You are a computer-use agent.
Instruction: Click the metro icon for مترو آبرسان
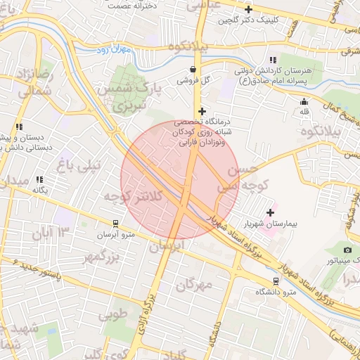(x=116, y=223)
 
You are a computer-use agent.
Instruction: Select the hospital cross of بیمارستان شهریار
(x=271, y=212)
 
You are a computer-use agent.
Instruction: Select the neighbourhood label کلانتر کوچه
(x=133, y=196)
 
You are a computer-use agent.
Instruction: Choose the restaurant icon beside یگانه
(x=40, y=180)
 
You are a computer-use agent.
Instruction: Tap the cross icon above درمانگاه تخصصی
(x=202, y=111)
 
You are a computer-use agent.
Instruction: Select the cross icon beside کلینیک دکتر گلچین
(x=248, y=10)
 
